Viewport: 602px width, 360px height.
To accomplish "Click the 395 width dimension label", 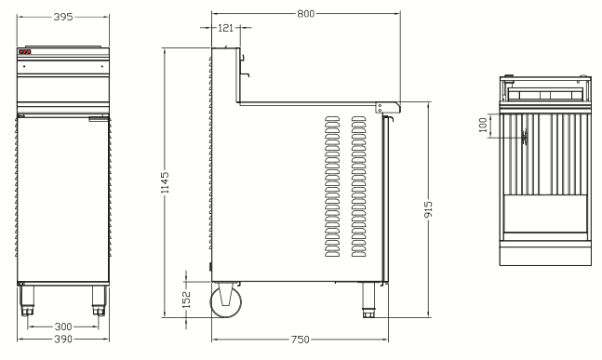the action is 63,17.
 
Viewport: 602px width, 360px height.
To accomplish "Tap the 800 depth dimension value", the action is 305,14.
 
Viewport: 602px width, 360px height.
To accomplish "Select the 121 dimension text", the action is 225,28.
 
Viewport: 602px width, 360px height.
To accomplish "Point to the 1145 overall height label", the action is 165,182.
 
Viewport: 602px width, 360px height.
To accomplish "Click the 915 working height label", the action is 428,209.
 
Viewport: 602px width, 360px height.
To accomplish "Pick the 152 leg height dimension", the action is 186,300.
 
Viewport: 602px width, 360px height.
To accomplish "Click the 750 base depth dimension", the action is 300,340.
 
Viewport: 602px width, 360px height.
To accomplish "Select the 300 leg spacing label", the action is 63,327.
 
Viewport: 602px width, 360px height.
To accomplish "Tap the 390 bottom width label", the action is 63,340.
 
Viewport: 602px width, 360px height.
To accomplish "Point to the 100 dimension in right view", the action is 483,126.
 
